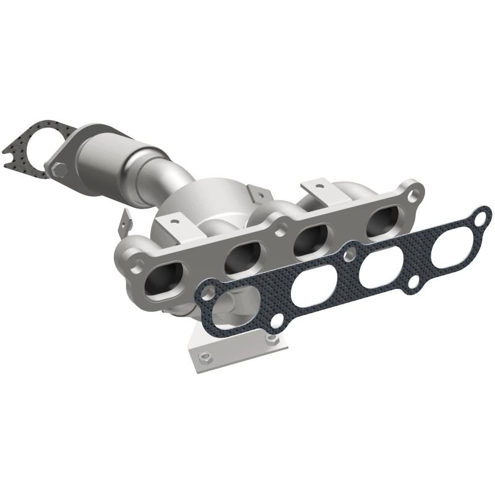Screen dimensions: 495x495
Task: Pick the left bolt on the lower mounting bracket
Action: pos(207,356)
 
